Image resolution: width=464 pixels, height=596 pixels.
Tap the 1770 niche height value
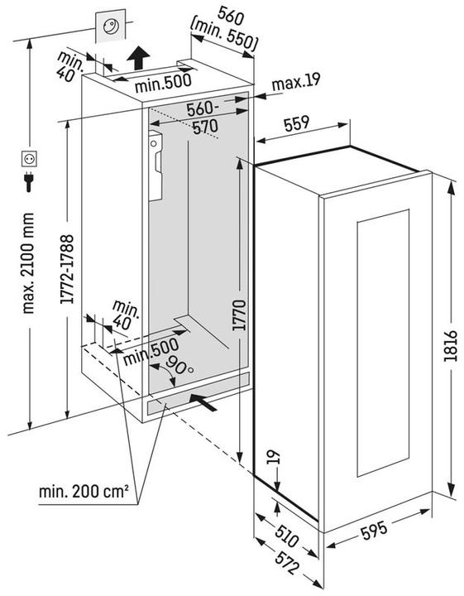click(238, 315)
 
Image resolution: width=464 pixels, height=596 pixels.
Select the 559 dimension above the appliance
click(296, 123)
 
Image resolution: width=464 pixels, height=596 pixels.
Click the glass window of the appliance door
click(383, 342)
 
